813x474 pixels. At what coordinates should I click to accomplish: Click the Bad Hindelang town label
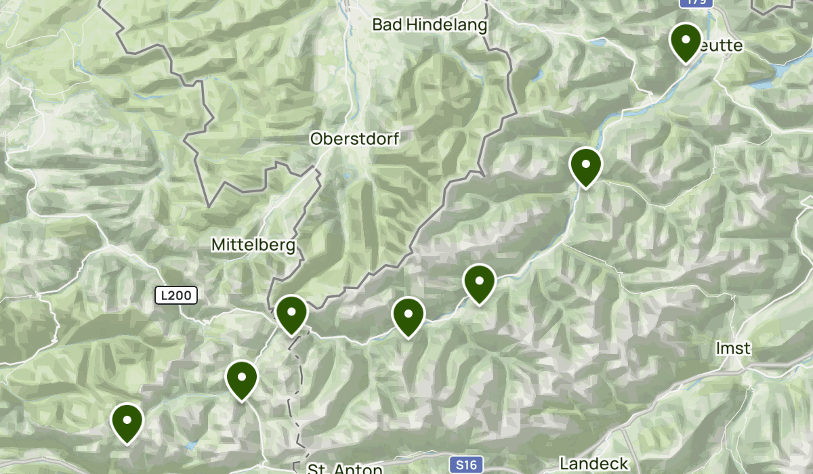[430, 26]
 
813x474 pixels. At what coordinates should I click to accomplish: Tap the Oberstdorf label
[354, 139]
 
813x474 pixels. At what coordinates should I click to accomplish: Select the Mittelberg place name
[253, 244]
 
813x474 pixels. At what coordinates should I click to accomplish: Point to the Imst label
[734, 349]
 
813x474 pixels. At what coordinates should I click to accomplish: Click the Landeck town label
[594, 465]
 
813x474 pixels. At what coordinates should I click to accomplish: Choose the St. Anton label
[335, 469]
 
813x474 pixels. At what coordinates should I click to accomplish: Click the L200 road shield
[176, 295]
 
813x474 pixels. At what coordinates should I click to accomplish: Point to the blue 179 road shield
[695, 3]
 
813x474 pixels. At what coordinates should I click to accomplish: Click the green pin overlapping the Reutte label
[686, 41]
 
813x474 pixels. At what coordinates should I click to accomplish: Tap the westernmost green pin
[127, 422]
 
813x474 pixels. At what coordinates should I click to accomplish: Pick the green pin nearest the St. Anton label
[242, 379]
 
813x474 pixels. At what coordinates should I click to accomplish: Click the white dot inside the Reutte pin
[686, 39]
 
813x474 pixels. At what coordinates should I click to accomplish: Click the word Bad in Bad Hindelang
[385, 26]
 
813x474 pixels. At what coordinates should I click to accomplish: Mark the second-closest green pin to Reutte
[586, 166]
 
